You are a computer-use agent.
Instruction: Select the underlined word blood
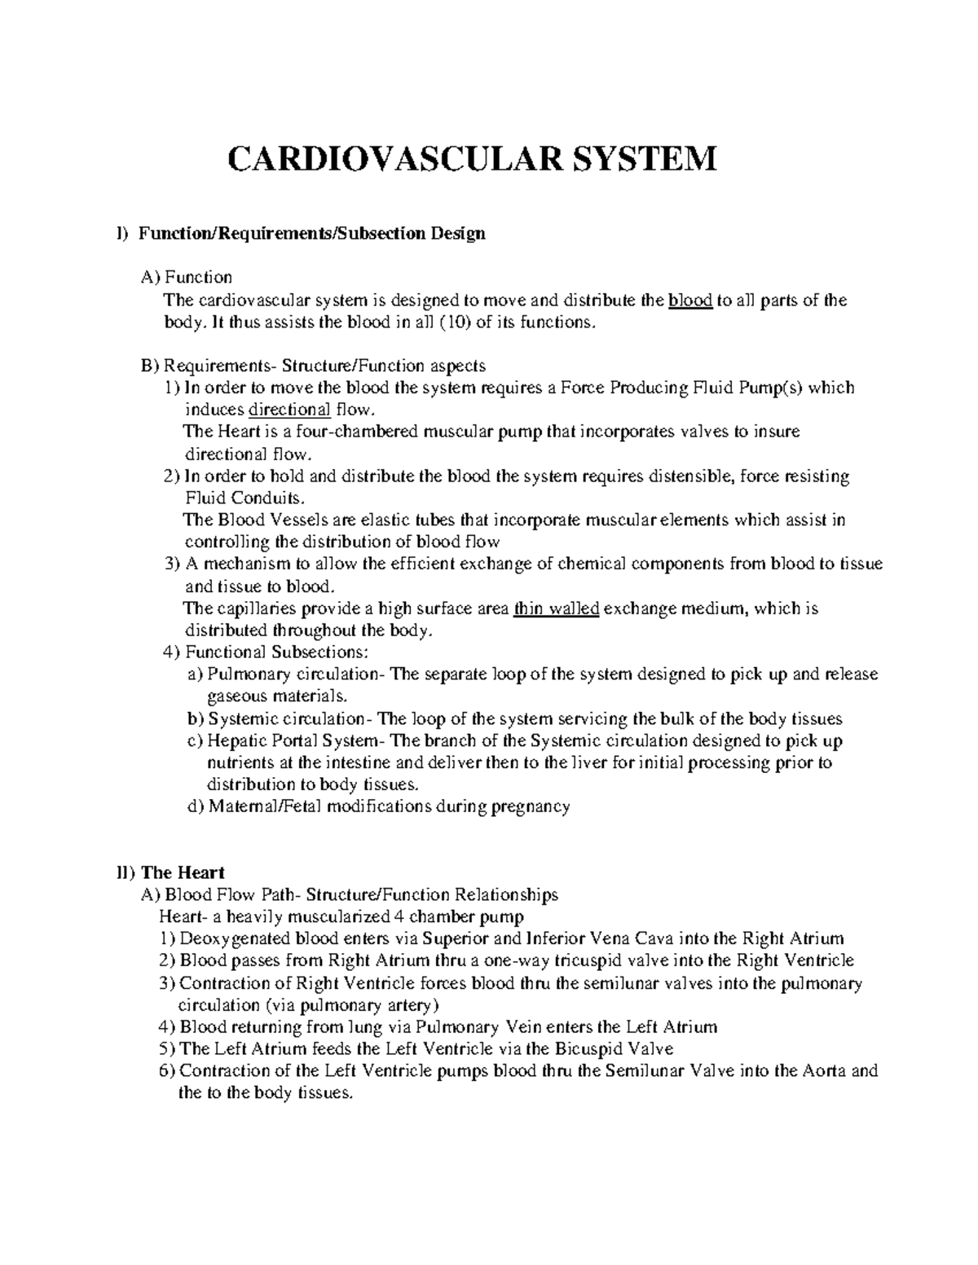pyautogui.click(x=690, y=301)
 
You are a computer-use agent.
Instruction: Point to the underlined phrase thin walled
pyautogui.click(x=557, y=608)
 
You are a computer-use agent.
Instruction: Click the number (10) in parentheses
pyautogui.click(x=455, y=323)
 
